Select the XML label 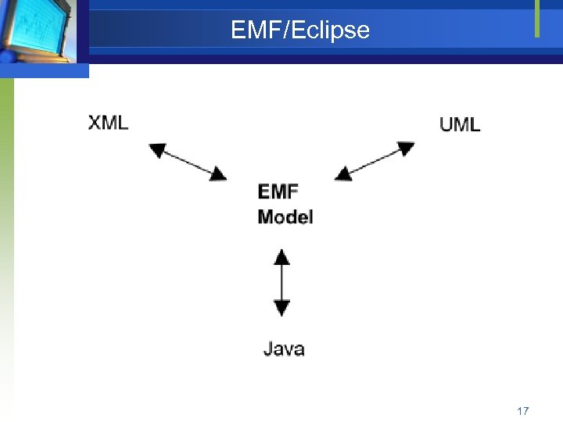pos(108,123)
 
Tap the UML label pos(460,124)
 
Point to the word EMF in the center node pos(278,192)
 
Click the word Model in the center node pos(285,216)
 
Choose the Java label pos(284,349)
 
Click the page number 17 pos(523,410)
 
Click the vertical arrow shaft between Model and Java pos(281,282)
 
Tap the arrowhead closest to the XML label pos(158,150)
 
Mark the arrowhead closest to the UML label pos(405,148)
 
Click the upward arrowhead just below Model pos(281,256)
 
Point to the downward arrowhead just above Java pos(281,308)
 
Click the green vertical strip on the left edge pos(6,234)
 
